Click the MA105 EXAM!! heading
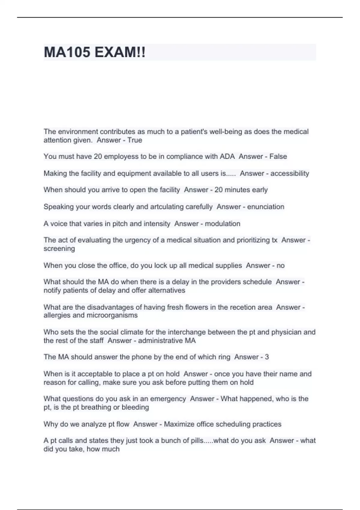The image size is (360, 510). point(94,52)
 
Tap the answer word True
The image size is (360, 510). point(135,140)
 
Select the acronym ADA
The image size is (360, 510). point(227,156)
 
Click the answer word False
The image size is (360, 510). point(278,156)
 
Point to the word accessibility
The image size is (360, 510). point(289,173)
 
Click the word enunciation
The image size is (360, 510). point(265,207)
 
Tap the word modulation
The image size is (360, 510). point(222,223)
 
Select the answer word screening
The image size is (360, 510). point(59,248)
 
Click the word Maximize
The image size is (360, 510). point(179,424)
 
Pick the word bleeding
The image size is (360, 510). point(135,407)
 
